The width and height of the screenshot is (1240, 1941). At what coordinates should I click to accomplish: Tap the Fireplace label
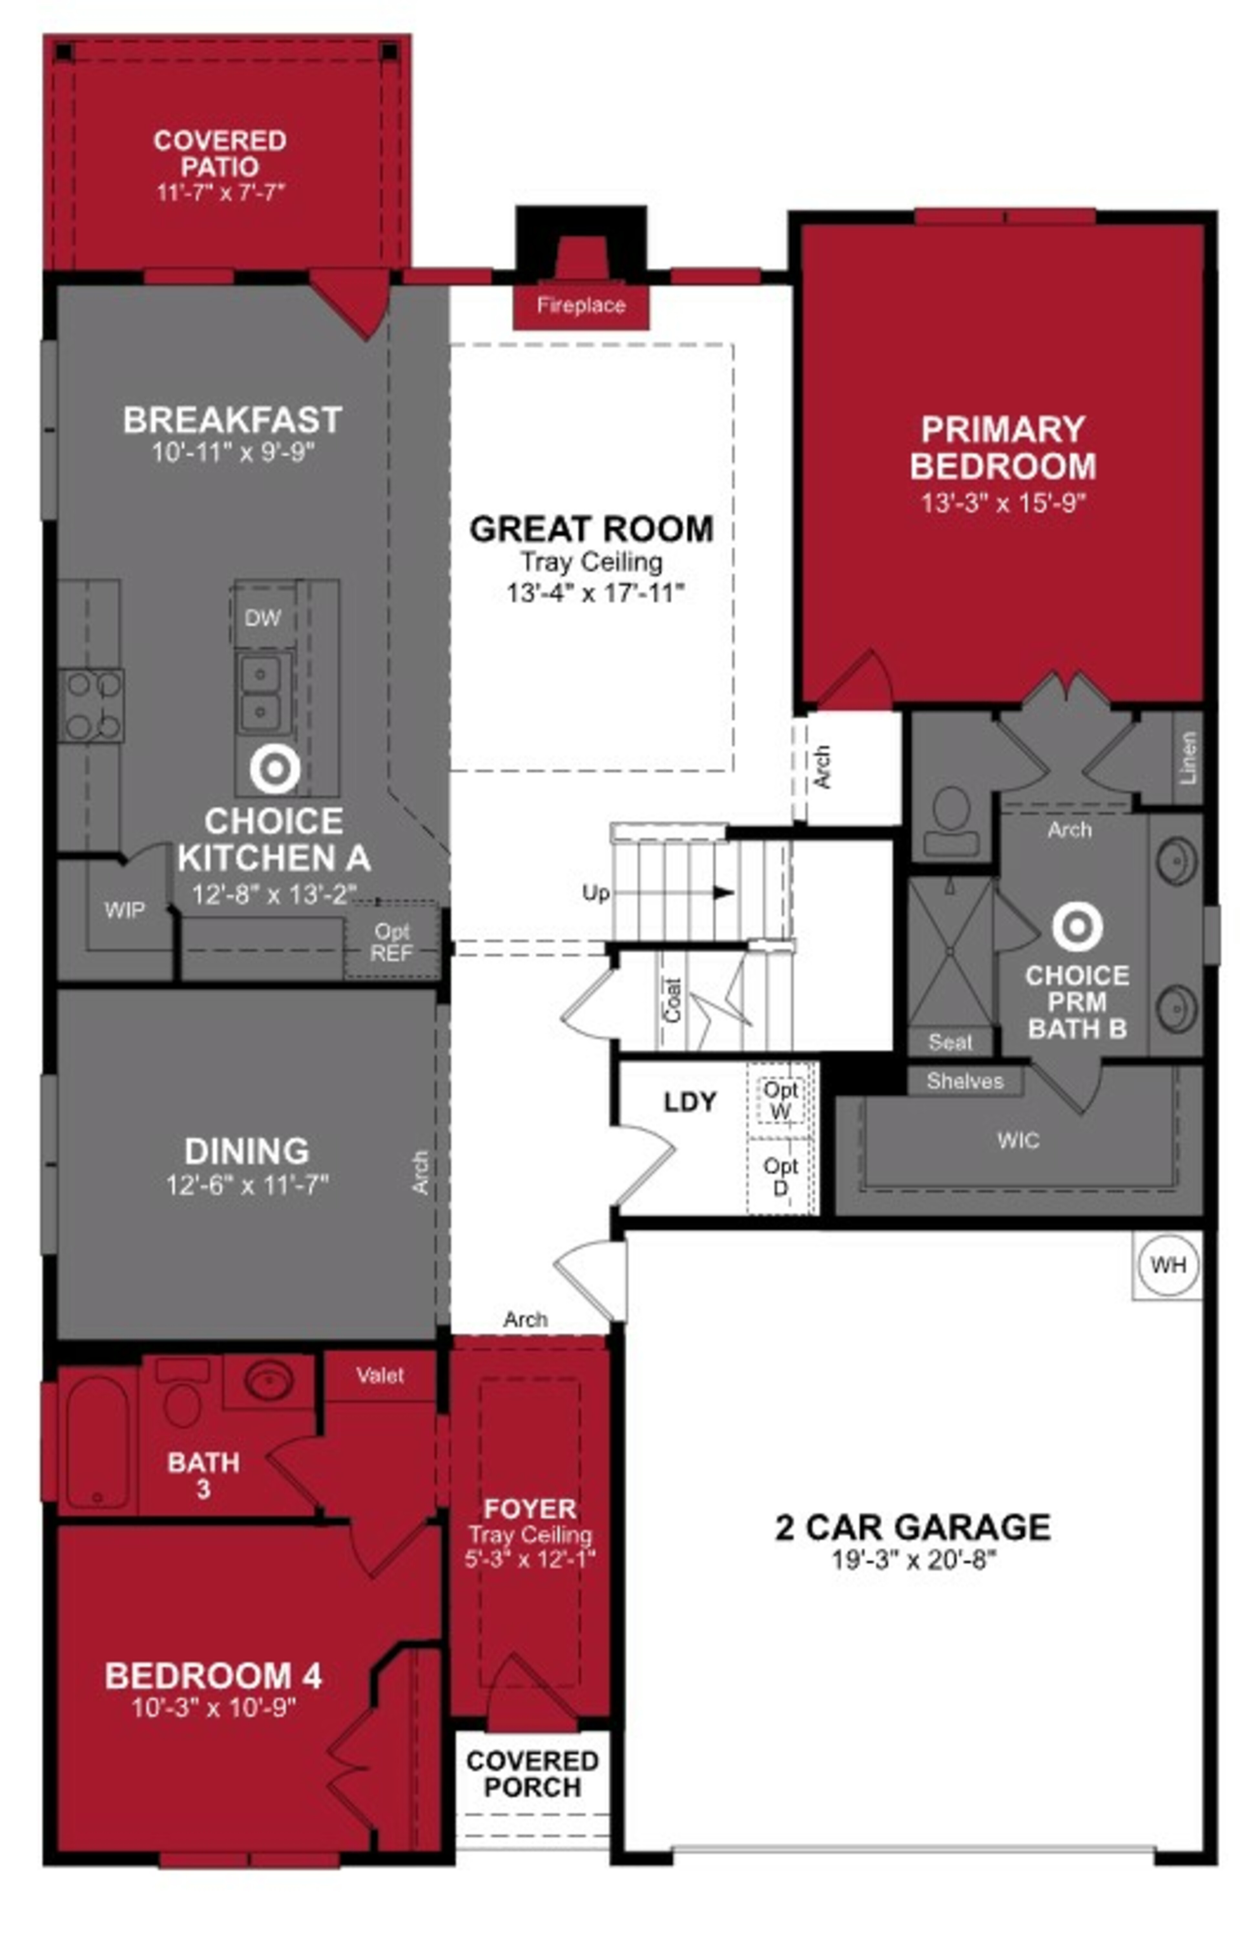point(581,305)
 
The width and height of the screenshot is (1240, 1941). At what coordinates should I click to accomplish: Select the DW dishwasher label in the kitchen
point(263,618)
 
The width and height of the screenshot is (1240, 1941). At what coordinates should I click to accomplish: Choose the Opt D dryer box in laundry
point(780,1177)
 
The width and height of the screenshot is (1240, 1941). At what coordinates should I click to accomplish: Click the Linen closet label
point(1188,758)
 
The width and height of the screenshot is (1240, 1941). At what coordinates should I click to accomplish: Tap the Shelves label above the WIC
point(965,1081)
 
